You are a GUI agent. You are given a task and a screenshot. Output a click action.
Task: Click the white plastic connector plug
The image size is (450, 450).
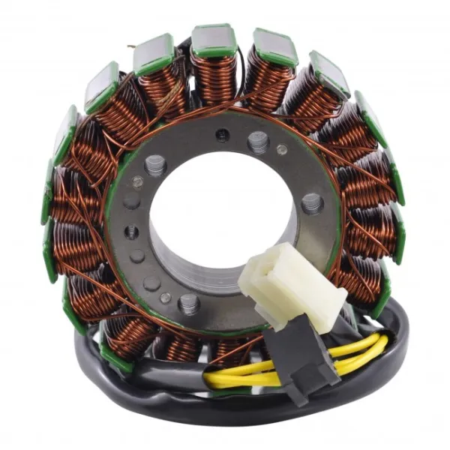281,282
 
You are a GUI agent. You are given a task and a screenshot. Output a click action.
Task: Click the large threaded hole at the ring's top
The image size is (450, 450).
258,139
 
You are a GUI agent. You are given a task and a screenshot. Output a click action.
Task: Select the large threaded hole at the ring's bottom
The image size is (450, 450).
188,304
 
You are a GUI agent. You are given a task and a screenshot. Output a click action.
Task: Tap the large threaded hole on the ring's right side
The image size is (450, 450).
312,202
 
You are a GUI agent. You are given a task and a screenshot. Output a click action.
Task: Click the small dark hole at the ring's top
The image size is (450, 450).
223,135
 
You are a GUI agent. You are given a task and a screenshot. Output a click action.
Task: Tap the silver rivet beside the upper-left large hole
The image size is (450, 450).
137,181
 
